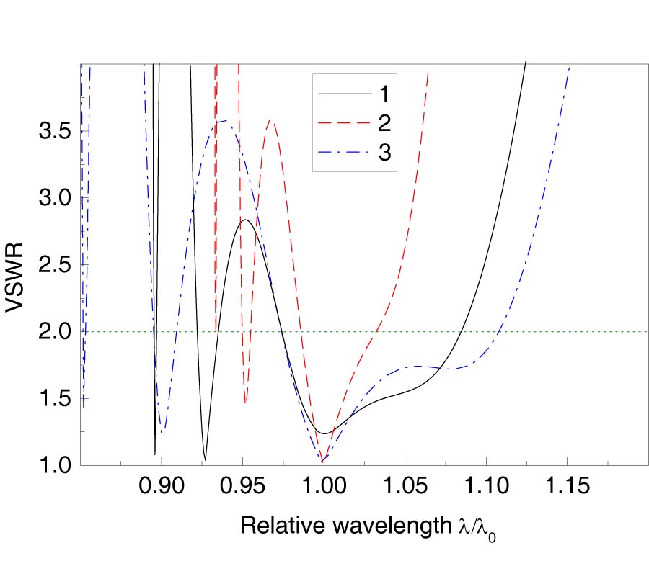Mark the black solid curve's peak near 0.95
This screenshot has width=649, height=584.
coord(245,220)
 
